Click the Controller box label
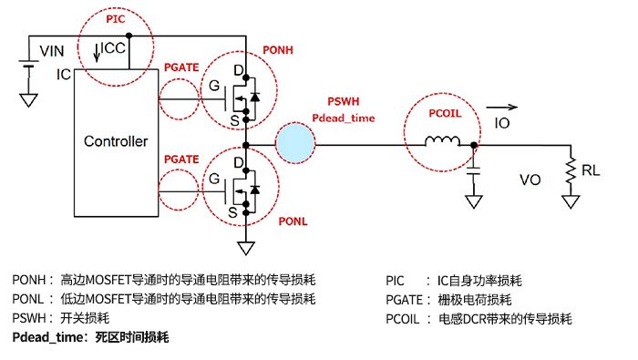coord(115,141)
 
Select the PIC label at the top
coord(117,17)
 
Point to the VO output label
coord(530,181)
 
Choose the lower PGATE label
coord(180,159)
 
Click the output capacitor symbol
coord(473,170)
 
